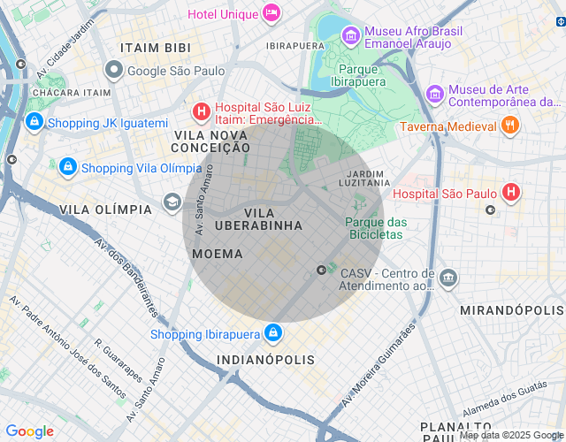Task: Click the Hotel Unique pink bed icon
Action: (272, 13)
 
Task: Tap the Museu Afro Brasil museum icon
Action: (351, 36)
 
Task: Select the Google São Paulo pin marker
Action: (113, 70)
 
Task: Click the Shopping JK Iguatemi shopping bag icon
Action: (34, 122)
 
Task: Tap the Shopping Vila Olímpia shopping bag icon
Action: (67, 166)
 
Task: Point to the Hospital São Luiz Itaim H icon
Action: (202, 111)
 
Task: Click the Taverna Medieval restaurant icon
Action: (509, 126)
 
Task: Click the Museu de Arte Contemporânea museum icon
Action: (434, 93)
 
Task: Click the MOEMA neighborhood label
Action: (217, 254)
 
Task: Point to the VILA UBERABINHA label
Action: (259, 220)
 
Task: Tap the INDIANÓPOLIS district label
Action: (265, 360)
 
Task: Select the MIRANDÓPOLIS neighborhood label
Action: (511, 311)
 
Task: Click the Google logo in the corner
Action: (29, 431)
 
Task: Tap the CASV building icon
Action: (448, 278)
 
